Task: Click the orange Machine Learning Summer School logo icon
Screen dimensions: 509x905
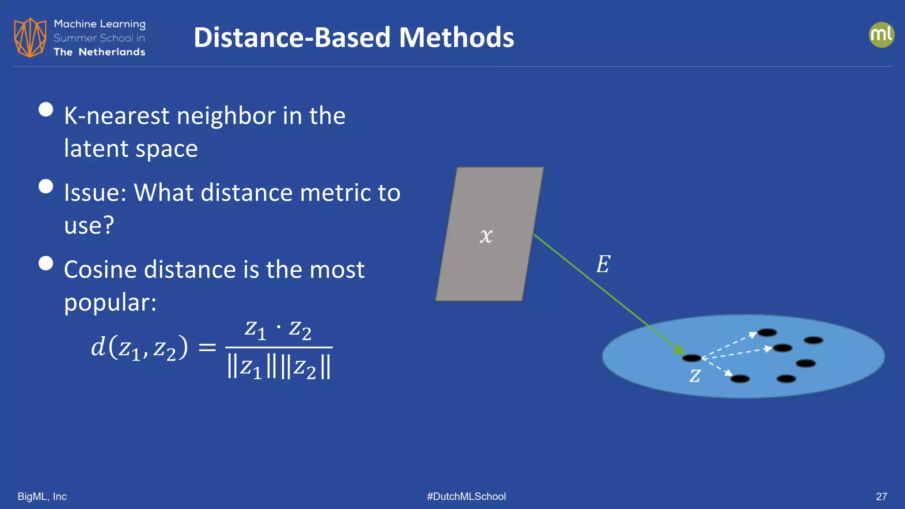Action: tap(30, 38)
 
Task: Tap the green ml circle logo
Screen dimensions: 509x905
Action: tap(881, 35)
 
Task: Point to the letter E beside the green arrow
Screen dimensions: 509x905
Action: tap(603, 264)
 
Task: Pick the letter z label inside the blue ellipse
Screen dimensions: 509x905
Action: tap(695, 376)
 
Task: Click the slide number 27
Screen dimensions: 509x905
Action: tap(881, 497)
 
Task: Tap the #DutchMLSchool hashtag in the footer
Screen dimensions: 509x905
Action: tap(466, 497)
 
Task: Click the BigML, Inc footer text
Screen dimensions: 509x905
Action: tap(42, 497)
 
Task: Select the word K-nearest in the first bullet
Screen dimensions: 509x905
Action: tap(117, 116)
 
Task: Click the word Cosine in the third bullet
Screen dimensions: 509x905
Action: tap(100, 270)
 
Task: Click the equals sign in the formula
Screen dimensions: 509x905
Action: tap(207, 347)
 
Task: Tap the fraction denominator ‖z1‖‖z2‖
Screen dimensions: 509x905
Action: tap(278, 368)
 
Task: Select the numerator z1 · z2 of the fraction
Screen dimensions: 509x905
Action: tap(278, 330)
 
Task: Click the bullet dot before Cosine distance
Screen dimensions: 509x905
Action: tap(46, 263)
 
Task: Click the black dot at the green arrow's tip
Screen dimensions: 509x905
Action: tap(692, 358)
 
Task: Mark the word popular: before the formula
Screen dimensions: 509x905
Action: tap(110, 303)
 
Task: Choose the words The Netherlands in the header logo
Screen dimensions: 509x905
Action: tap(99, 52)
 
